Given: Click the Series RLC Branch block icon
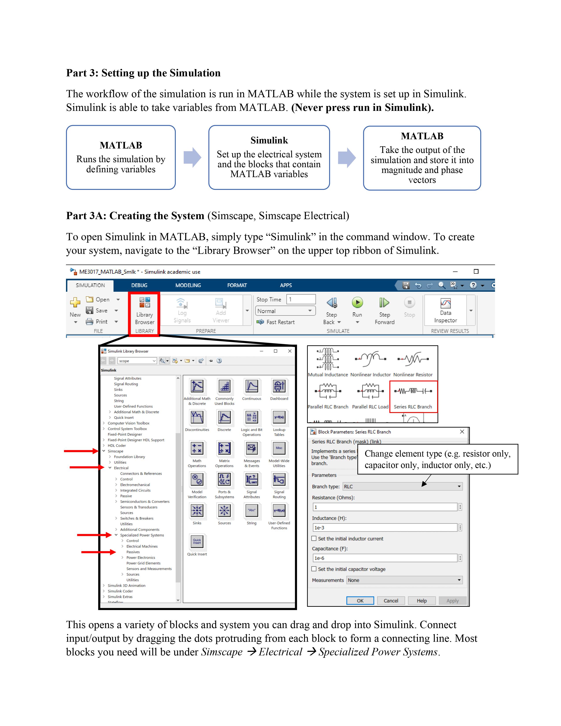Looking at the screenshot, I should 413,391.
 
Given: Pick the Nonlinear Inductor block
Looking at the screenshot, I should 370,359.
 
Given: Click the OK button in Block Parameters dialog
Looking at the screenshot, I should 360,601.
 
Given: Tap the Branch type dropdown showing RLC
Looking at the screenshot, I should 402,486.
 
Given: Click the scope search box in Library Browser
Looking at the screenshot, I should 137,361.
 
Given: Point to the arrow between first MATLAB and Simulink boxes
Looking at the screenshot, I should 192,157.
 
